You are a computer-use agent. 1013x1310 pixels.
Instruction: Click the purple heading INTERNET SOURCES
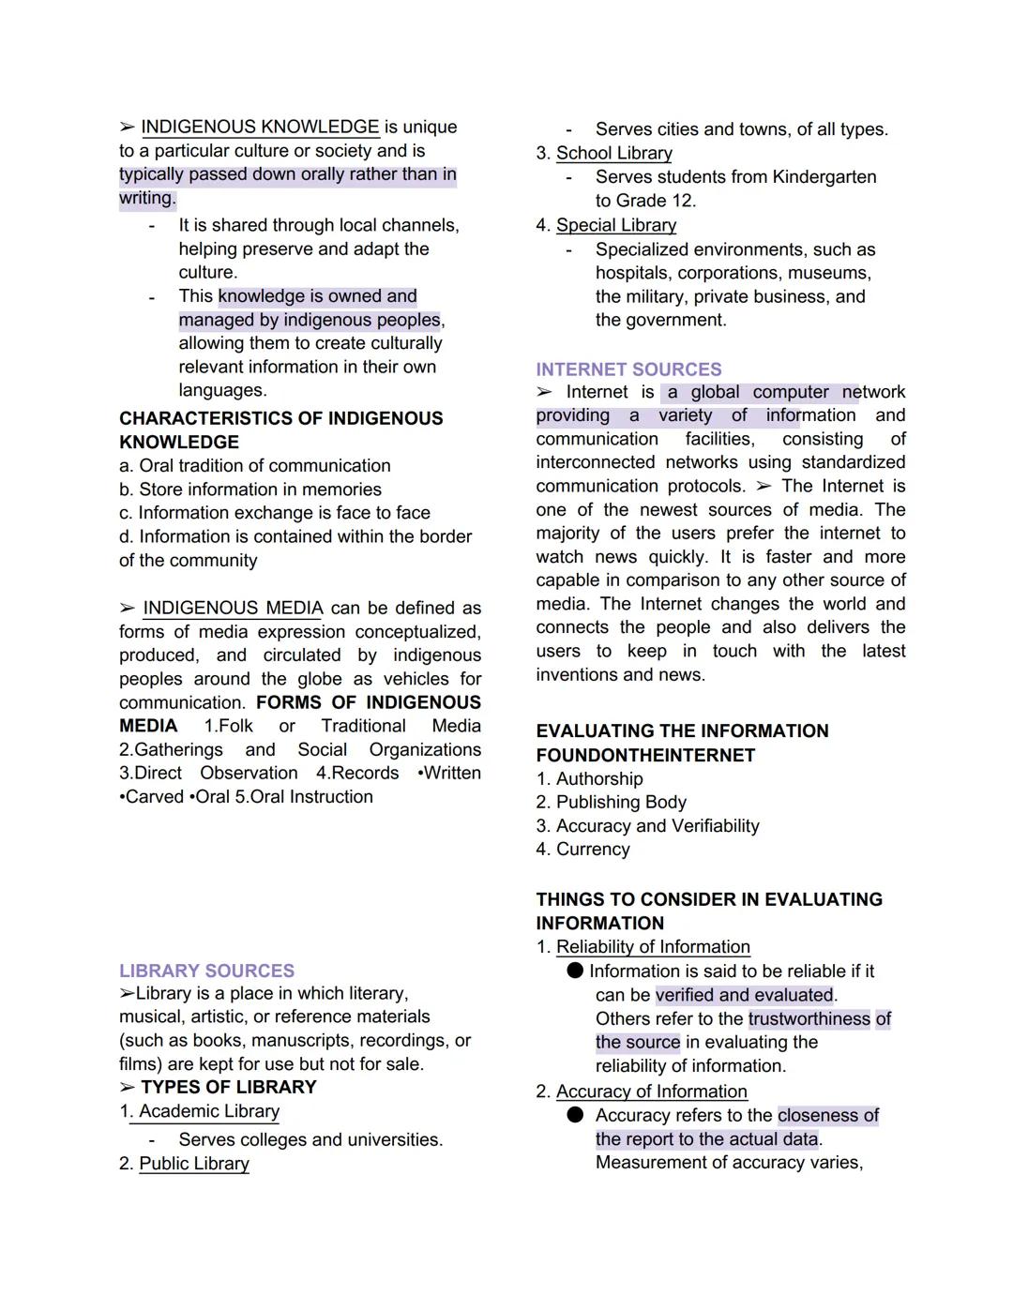[x=628, y=369]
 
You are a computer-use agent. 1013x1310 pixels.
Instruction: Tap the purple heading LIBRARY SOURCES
[x=206, y=971]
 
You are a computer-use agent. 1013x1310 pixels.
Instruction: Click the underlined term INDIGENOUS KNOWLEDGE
[x=260, y=127]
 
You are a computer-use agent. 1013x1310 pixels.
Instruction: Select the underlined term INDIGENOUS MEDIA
[x=233, y=608]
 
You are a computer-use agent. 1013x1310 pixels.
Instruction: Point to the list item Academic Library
[x=208, y=1111]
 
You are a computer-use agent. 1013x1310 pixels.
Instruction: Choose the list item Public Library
[x=194, y=1163]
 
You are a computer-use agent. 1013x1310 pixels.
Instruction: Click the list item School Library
[x=613, y=153]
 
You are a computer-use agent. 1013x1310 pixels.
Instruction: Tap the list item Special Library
[x=615, y=225]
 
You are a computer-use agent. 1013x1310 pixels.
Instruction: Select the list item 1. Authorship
[x=589, y=778]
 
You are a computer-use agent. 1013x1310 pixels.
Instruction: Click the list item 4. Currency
[x=582, y=849]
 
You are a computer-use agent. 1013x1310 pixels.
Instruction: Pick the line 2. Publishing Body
[x=611, y=802]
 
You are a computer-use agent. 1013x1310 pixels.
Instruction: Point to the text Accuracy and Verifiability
[x=657, y=825]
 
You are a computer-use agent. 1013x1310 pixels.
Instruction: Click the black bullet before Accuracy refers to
[x=576, y=1114]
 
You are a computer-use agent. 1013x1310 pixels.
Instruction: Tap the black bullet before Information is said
[x=575, y=971]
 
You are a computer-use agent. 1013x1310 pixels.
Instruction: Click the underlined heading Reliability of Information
[x=653, y=947]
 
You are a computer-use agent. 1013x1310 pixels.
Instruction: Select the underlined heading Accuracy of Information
[x=651, y=1092]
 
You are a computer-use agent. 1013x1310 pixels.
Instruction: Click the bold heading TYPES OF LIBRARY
[x=228, y=1087]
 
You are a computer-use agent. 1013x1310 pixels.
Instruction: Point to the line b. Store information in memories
[x=250, y=489]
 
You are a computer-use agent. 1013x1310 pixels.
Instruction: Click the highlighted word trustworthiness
[x=809, y=1018]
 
